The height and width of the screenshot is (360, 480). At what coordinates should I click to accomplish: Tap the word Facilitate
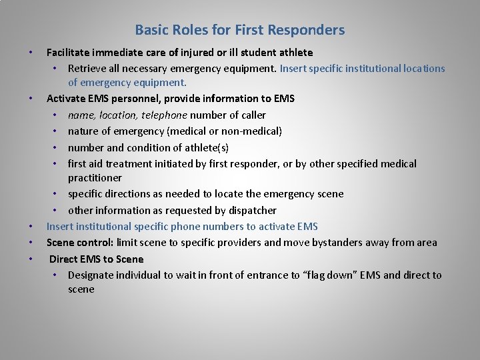(x=69, y=52)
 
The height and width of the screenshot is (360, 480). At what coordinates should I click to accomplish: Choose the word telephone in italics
(x=163, y=115)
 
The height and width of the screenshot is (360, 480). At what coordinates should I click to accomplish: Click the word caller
(x=251, y=115)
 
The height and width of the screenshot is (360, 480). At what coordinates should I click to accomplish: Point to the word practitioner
(x=95, y=178)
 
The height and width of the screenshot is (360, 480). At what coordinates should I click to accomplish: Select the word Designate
(x=92, y=275)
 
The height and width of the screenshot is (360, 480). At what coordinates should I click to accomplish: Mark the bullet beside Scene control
(x=31, y=242)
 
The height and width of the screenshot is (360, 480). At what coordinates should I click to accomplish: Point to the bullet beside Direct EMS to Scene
(x=31, y=259)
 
